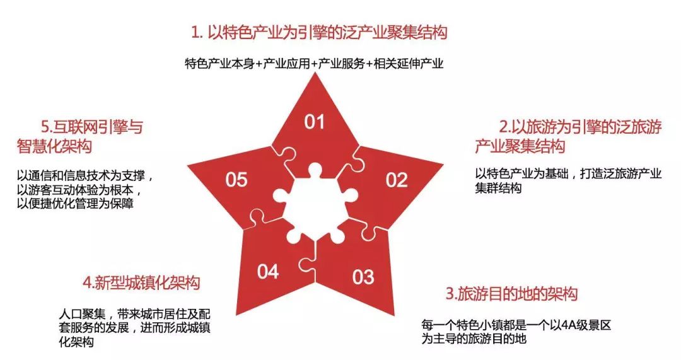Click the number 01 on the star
[314, 122]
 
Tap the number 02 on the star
[397, 180]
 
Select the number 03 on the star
[363, 276]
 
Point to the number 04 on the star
[268, 272]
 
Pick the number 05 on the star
[236, 180]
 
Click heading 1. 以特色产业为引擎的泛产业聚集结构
[319, 32]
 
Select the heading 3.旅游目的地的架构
[511, 294]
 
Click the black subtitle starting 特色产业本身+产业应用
[315, 64]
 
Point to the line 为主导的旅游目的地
[474, 339]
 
